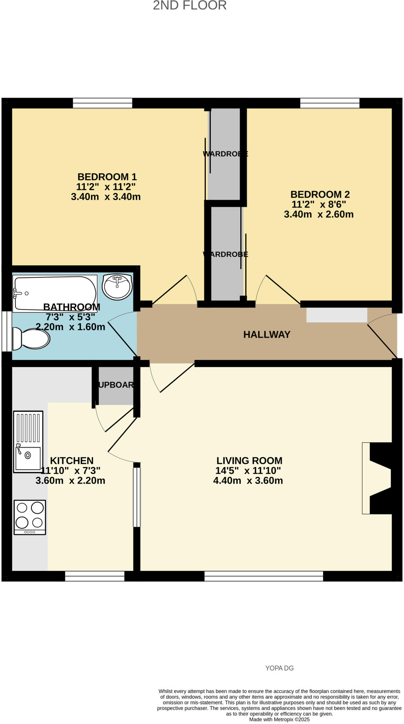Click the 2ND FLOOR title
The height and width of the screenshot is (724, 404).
pyautogui.click(x=190, y=6)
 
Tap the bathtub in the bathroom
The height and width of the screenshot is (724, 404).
pyautogui.click(x=55, y=293)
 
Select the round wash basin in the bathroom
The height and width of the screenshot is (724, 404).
pyautogui.click(x=117, y=287)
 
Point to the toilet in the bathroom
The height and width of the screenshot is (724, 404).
pyautogui.click(x=31, y=339)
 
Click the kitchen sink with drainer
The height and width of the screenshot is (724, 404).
pyautogui.click(x=28, y=442)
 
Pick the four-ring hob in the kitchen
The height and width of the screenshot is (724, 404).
pyautogui.click(x=30, y=517)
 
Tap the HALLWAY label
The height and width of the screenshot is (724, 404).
pyautogui.click(x=267, y=334)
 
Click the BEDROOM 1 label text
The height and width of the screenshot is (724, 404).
pyautogui.click(x=107, y=177)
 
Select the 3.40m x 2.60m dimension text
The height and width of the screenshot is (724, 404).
pyautogui.click(x=318, y=214)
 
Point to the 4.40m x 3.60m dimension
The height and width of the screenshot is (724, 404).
pyautogui.click(x=248, y=480)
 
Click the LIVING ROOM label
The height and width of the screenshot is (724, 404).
pyautogui.click(x=249, y=461)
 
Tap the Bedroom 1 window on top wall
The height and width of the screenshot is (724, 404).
pyautogui.click(x=103, y=103)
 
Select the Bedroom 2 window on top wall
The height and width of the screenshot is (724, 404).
pyautogui.click(x=330, y=103)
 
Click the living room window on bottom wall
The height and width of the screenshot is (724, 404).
pyautogui.click(x=264, y=576)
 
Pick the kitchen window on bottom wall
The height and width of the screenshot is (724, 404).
pyautogui.click(x=95, y=576)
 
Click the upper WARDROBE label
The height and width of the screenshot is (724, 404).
pyautogui.click(x=225, y=154)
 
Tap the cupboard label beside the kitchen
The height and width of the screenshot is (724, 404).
pyautogui.click(x=116, y=385)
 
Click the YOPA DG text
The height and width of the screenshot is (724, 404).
pyautogui.click(x=279, y=668)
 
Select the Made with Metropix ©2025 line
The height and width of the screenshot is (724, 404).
pyautogui.click(x=279, y=719)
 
